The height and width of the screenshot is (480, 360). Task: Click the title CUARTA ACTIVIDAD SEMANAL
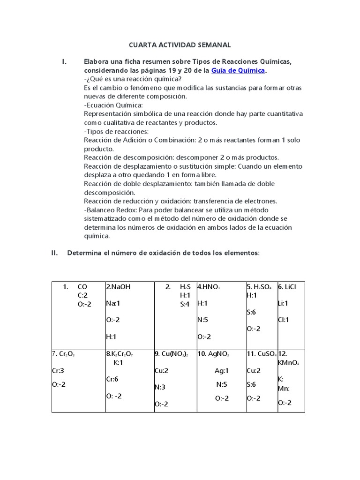tap(180, 45)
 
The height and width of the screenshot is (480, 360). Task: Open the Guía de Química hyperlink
tap(238, 70)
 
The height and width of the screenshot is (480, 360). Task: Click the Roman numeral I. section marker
tap(65, 62)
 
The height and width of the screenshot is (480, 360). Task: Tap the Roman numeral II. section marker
tap(54, 253)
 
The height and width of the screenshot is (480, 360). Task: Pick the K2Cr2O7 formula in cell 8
tap(124, 354)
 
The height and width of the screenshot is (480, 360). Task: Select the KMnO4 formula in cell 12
tap(288, 363)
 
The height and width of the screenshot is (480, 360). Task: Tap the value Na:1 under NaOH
tap(113, 303)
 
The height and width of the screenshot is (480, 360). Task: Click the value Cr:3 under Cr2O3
tap(58, 371)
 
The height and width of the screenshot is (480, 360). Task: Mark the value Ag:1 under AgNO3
tap(222, 371)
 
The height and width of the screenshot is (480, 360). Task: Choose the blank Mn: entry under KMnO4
tap(284, 388)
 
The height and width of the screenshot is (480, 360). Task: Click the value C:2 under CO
tap(83, 295)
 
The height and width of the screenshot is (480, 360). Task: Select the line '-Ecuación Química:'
tap(113, 105)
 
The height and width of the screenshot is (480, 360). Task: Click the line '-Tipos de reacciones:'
tap(116, 131)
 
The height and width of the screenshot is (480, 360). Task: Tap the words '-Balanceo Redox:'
tap(111, 210)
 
